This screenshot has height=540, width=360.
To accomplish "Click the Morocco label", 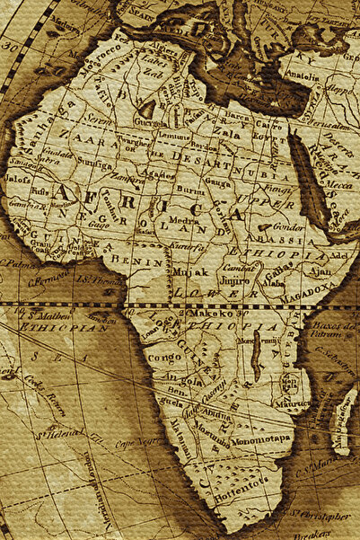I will (x=99, y=65).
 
